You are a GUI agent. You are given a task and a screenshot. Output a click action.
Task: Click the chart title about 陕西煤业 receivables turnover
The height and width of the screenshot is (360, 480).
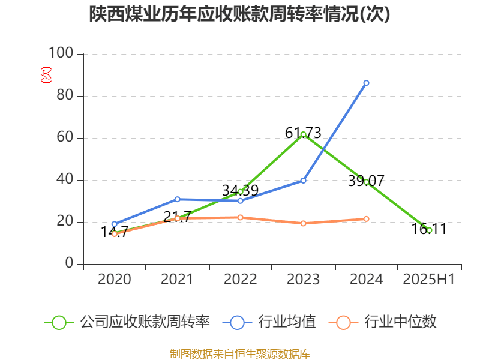pos(239,14)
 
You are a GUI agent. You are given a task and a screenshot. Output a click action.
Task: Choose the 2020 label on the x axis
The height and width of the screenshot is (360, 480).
pos(114,279)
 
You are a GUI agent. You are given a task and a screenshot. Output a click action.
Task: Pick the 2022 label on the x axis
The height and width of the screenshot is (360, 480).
pos(240,279)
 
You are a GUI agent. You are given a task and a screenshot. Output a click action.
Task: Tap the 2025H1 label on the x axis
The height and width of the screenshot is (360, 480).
pos(429,279)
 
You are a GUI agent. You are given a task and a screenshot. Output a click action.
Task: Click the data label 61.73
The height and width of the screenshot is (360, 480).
pos(303,133)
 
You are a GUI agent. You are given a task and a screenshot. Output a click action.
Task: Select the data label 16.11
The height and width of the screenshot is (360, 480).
pos(429,229)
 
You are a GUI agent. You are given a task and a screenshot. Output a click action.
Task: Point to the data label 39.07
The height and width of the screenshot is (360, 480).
pos(366,181)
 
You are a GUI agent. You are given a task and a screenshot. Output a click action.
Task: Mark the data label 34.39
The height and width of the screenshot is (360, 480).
pos(240,190)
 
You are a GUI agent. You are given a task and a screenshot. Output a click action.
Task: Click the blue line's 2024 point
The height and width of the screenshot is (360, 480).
pos(366,83)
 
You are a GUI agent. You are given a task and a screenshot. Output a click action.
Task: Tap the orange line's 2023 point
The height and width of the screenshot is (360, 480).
pos(303,223)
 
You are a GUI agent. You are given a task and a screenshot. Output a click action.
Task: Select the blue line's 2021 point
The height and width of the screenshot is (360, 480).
pos(177,199)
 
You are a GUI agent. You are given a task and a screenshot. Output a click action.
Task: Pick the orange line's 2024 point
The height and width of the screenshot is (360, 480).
pos(366,218)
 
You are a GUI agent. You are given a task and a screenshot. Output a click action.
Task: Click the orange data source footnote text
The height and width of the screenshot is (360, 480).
pos(240,353)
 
